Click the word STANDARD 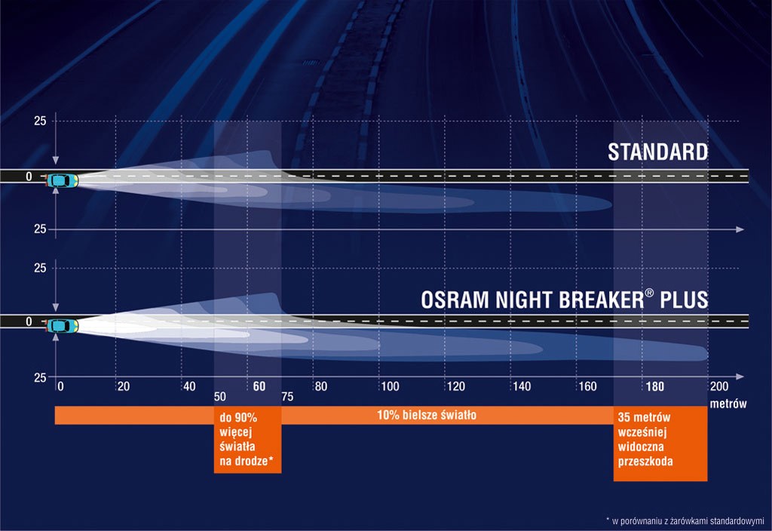pos(657,152)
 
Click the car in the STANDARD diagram pos(62,180)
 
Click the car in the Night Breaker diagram pos(62,326)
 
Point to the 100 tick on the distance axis pos(390,386)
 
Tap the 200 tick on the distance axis pos(718,386)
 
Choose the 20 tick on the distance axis pos(124,386)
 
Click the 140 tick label pos(522,386)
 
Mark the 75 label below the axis pos(287,397)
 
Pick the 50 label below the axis pos(220,397)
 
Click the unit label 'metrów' pos(728,404)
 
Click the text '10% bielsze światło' pos(427,415)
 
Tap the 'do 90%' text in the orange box pos(238,418)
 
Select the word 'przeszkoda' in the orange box pos(645,461)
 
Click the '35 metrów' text pos(644,417)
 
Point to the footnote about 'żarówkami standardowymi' pos(685,520)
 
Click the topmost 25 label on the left pos(40,121)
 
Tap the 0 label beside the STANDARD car pos(29,176)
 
